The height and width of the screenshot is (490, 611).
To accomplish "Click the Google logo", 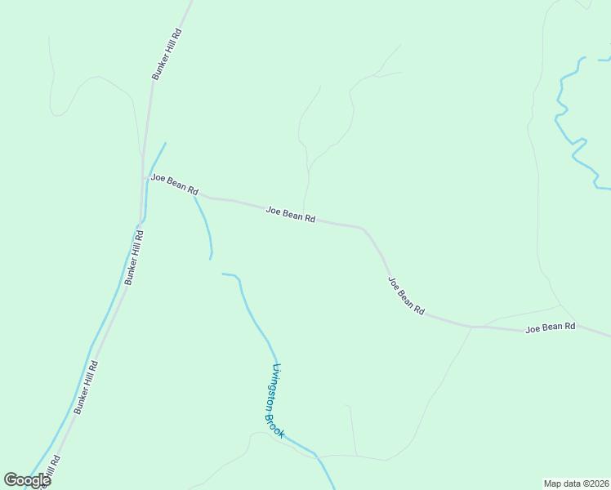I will point(27,480).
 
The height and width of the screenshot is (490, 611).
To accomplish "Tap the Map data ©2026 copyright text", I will point(576,483).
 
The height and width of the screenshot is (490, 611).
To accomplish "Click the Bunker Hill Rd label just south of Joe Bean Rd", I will point(134,257).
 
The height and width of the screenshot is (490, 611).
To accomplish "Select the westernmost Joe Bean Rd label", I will point(174,184).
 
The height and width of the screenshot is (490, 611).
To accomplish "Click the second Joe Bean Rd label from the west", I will point(291,214).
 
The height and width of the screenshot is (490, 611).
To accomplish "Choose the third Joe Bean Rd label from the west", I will point(406,296).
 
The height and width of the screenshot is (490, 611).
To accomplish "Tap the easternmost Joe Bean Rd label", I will point(551,327).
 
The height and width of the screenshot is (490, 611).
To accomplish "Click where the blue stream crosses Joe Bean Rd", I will point(194,196).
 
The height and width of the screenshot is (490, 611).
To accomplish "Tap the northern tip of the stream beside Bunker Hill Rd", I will point(166,144).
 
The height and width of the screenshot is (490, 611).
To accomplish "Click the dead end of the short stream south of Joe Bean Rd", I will point(210,259).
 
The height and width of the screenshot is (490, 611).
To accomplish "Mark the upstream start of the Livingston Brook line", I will point(223,274).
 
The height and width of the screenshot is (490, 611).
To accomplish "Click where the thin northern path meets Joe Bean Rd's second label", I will point(304,212).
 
